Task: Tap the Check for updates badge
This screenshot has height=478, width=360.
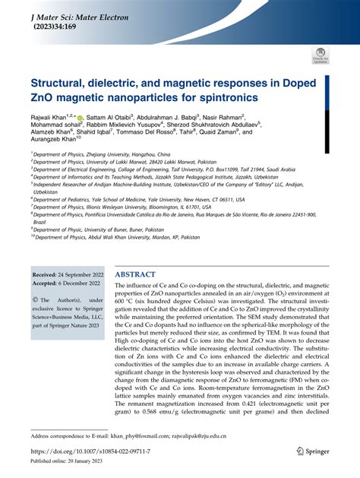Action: click(319, 55)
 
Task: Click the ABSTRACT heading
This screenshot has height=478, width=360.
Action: click(135, 274)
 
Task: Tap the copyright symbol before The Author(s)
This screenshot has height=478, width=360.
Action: click(34, 298)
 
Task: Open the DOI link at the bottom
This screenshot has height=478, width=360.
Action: click(90, 451)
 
